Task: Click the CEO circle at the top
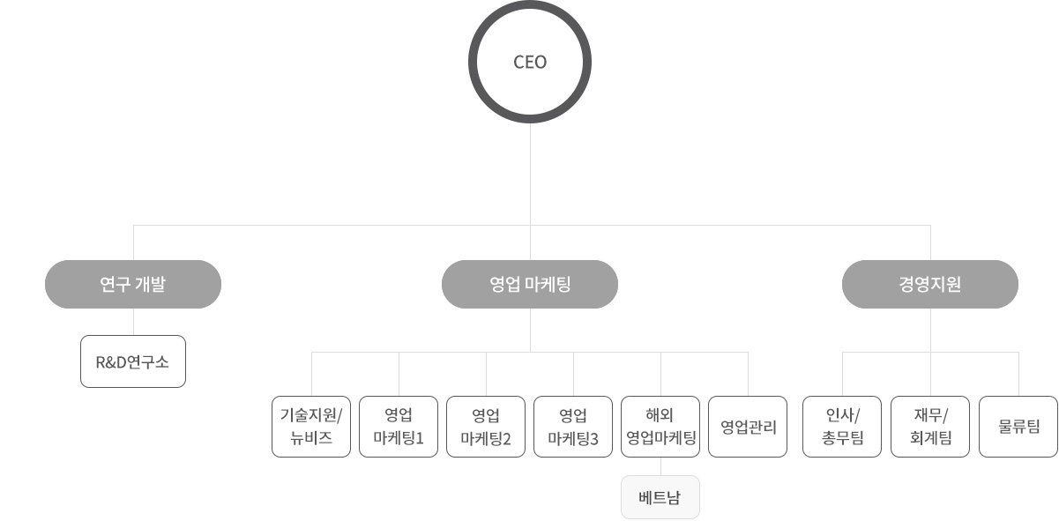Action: [529, 62]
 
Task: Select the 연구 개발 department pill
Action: [133, 284]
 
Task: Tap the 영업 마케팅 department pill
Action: [530, 284]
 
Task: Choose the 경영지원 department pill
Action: [930, 284]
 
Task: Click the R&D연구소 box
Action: [133, 361]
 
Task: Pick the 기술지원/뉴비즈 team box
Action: [310, 427]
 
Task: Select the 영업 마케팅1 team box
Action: [399, 427]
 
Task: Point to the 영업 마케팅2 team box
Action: [486, 427]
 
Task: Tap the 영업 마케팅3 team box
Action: [573, 427]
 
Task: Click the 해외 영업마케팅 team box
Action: [660, 427]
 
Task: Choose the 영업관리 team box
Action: [748, 427]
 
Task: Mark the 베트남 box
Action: [660, 497]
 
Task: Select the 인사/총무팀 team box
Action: [842, 427]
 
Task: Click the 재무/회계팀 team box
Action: [930, 427]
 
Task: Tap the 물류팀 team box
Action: [1018, 427]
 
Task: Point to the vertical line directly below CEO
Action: [530, 176]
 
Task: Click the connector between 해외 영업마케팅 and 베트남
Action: [660, 466]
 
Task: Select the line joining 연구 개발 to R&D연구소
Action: [133, 322]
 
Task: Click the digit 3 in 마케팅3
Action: [594, 439]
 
